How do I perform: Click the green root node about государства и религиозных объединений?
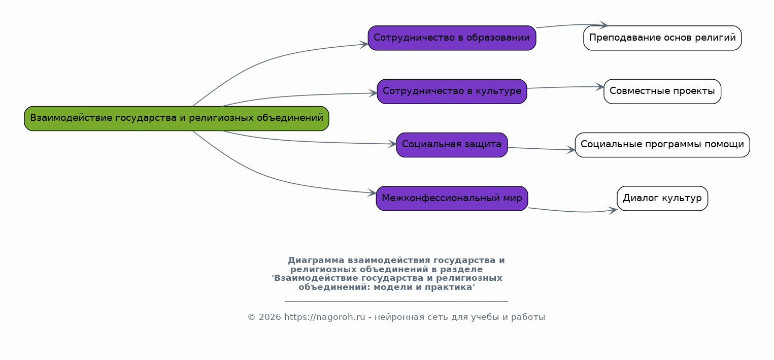[177, 118]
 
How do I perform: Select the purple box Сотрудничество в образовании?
[452, 38]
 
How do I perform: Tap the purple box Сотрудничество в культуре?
[452, 91]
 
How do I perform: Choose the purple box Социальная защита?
[452, 145]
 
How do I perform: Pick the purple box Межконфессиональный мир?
[452, 199]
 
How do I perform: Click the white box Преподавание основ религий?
[662, 38]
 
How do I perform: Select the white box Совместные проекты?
[662, 91]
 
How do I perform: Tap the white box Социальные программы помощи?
[662, 145]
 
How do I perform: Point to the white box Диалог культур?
[662, 199]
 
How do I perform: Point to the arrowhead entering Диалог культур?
[614, 210]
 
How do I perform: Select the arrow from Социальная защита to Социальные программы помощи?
[541, 149]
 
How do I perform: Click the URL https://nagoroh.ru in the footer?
[325, 317]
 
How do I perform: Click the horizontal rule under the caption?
[396, 301]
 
